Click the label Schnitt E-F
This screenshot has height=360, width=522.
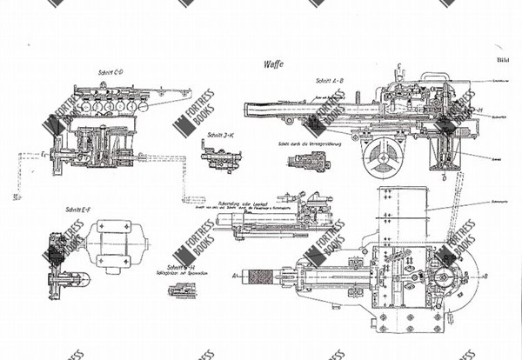tap(79, 210)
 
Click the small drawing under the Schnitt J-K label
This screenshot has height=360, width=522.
tap(217, 158)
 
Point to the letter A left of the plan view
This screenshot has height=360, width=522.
tap(236, 273)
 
